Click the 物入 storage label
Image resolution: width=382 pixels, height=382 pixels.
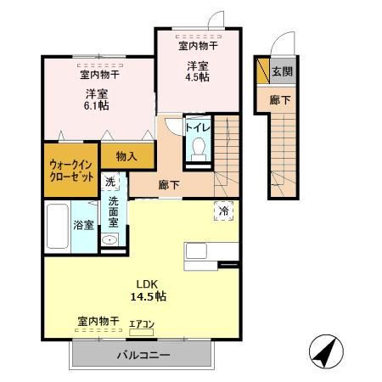[126, 156]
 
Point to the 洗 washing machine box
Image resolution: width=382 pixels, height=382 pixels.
[110, 182]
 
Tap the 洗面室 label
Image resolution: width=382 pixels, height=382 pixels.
[113, 212]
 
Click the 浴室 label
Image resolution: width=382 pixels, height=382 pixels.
[83, 225]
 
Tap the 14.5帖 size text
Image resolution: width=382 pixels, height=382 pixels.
[148, 296]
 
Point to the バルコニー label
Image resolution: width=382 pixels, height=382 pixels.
[143, 355]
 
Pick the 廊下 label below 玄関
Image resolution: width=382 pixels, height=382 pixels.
[280, 100]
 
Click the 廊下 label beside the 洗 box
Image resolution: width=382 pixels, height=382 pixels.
[167, 183]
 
